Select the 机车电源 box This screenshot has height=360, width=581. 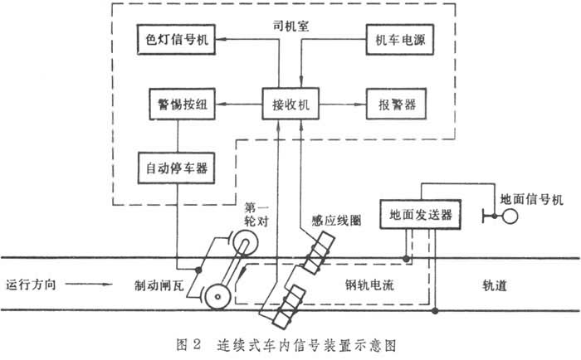pos(403,40)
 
